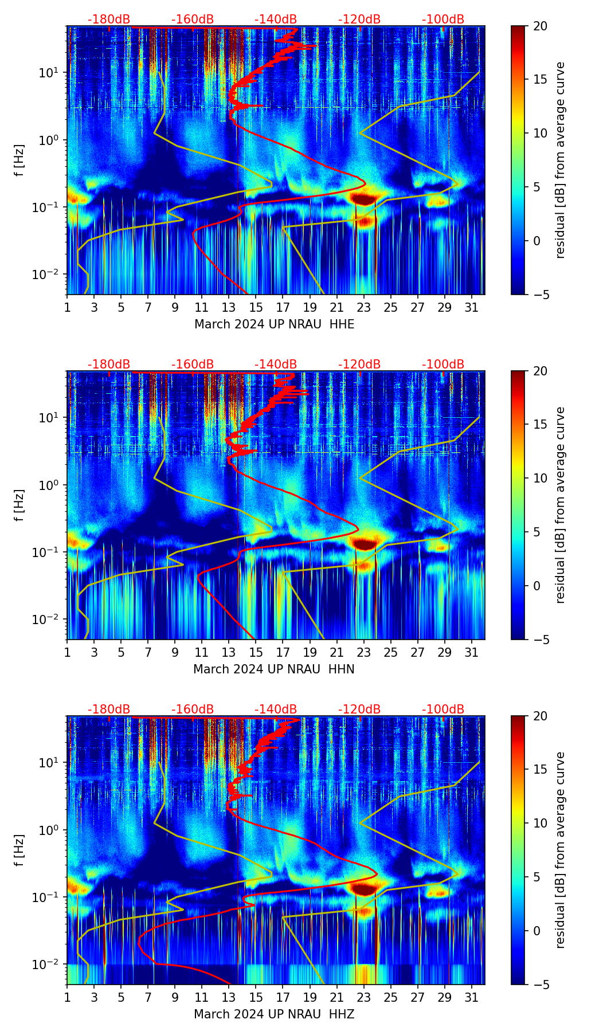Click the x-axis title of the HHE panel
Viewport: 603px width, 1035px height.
coord(274,324)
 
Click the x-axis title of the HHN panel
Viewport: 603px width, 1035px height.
coord(273,669)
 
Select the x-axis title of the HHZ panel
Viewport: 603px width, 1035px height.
coord(273,1014)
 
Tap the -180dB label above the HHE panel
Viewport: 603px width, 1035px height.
coord(109,19)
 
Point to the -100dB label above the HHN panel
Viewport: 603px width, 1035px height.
coord(443,364)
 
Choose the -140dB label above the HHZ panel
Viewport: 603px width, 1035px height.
coord(276,709)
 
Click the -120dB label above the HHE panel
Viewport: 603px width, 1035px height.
coord(359,19)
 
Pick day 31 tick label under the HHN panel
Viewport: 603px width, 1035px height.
coord(471,652)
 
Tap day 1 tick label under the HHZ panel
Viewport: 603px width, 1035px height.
coord(68,997)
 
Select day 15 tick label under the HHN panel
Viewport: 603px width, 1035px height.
coord(256,652)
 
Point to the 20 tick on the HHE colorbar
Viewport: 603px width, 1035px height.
coord(539,26)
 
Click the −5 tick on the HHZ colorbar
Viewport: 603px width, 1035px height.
coord(539,985)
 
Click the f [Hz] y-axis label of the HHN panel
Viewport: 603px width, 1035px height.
coord(20,505)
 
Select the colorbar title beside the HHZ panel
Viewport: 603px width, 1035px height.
coord(561,850)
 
